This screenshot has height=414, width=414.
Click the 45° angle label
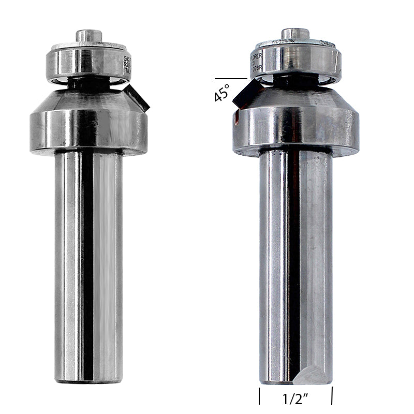coord(221,94)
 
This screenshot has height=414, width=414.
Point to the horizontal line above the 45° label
coord(230,79)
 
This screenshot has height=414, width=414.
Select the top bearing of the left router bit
coord(87,63)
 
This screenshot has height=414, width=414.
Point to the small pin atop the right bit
coord(296,35)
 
